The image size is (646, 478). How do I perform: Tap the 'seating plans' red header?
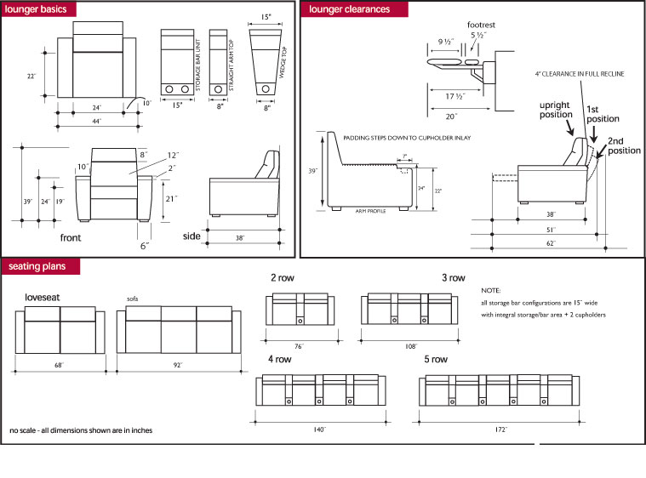click(37, 267)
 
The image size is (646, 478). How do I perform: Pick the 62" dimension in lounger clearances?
click(551, 244)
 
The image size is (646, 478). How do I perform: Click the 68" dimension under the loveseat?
click(58, 367)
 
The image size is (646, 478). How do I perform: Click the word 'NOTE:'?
click(490, 290)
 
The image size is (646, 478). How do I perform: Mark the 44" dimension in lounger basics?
click(98, 122)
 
